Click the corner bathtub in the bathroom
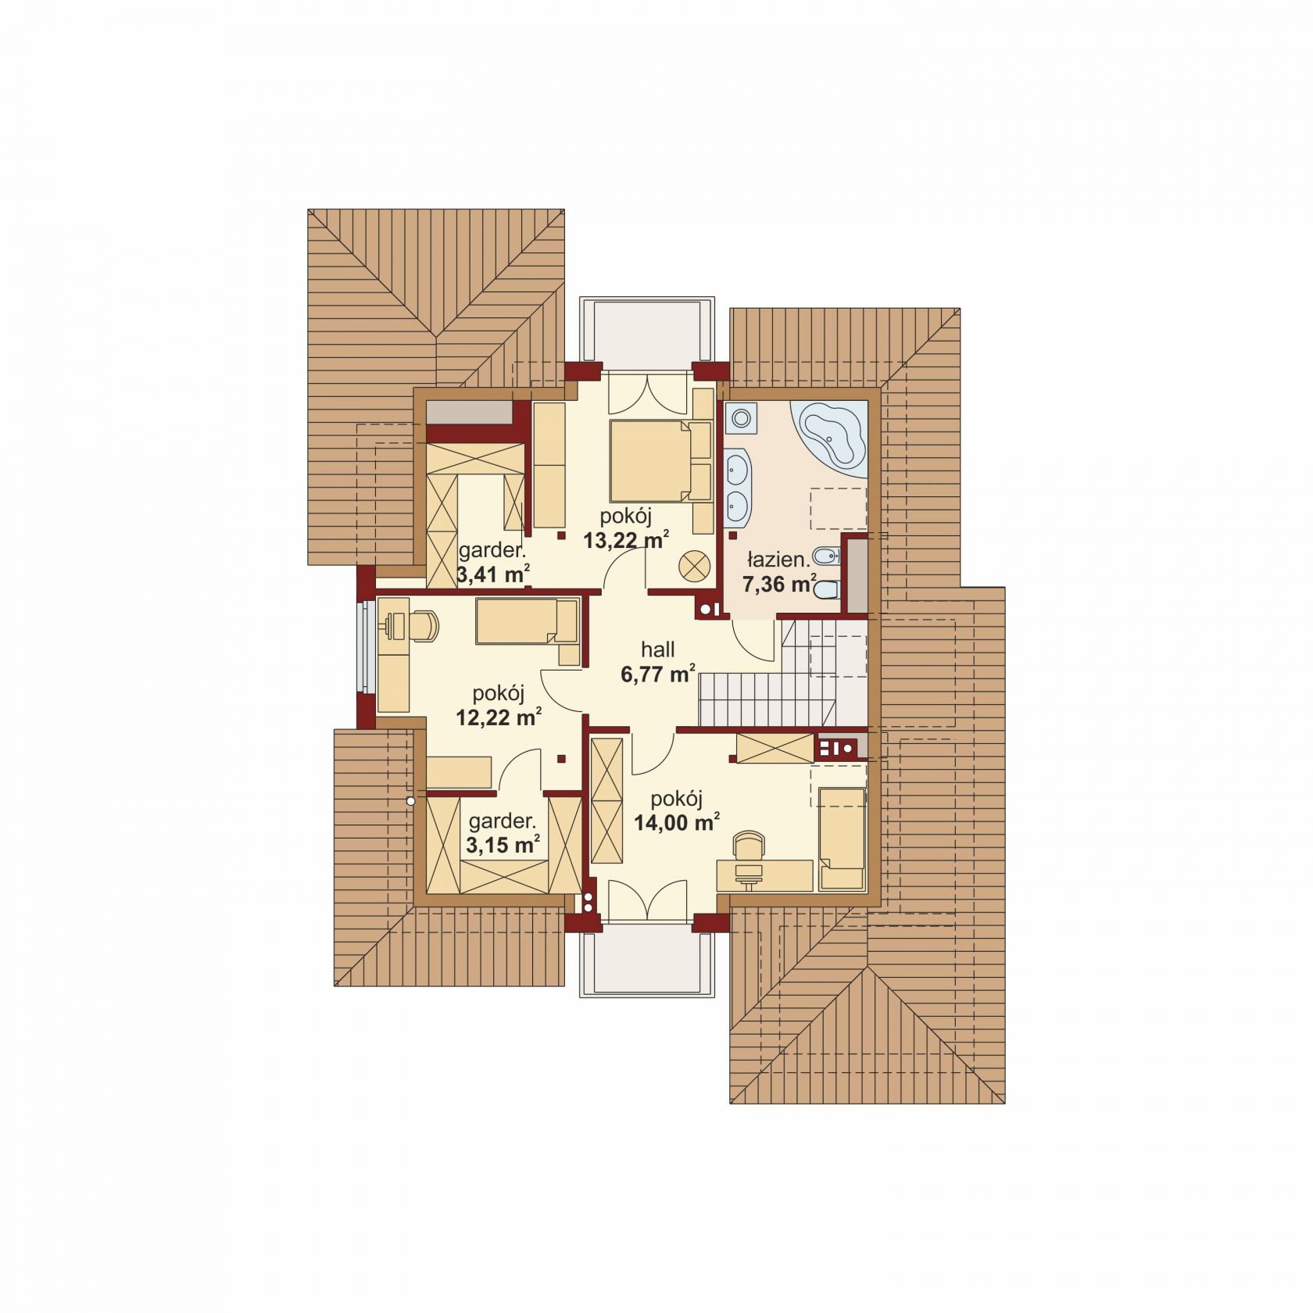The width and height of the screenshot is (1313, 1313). (831, 439)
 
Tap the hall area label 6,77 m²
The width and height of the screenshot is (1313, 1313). (658, 674)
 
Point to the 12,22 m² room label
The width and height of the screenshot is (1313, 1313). (499, 717)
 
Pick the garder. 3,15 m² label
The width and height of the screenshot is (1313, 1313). (503, 833)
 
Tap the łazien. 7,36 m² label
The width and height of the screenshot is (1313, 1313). (778, 571)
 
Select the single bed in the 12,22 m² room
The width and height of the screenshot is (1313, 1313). (528, 621)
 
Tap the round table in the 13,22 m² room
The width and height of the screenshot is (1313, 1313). (694, 566)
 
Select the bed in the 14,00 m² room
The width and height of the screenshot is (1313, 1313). (842, 839)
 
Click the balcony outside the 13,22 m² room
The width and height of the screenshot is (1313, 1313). (646, 334)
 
